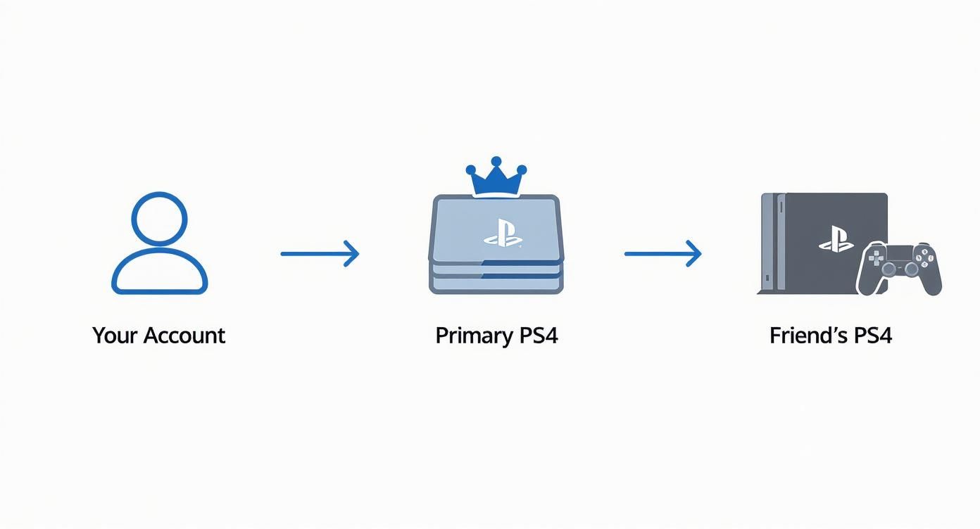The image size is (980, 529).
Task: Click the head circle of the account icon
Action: [159, 218]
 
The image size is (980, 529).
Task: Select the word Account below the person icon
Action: [184, 336]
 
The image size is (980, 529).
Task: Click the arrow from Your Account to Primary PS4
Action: [320, 253]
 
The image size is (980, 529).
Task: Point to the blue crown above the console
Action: [496, 179]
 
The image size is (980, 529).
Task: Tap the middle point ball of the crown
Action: [496, 161]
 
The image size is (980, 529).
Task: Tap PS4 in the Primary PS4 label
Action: [539, 336]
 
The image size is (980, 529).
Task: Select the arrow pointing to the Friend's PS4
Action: [662, 253]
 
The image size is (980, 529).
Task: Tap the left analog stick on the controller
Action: [888, 269]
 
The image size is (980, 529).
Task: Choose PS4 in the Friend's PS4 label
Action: [873, 336]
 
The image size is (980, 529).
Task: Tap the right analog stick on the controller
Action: [911, 269]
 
